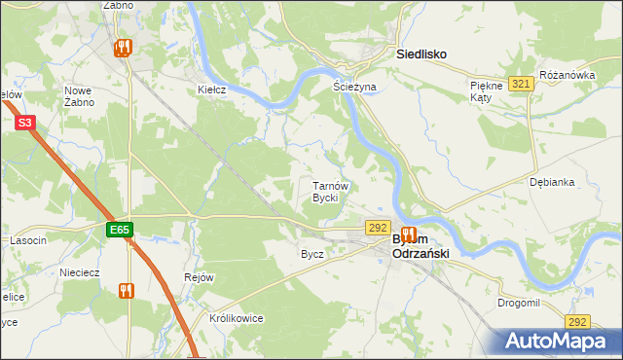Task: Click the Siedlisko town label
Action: point(421,55)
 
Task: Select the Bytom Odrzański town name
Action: point(419,245)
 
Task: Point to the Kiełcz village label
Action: point(212,90)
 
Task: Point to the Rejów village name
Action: point(199,277)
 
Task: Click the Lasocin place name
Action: point(28,240)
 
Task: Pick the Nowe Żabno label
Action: point(78,95)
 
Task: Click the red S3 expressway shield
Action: point(25,123)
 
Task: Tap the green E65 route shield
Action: point(120,230)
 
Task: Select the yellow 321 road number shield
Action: point(521,85)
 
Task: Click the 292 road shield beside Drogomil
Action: point(578,322)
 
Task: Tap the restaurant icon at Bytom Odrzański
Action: point(409,235)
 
